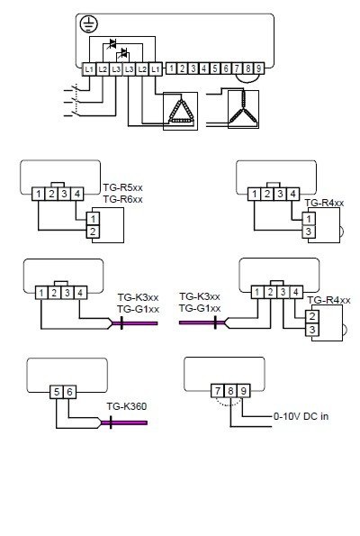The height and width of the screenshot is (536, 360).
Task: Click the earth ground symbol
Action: click(x=88, y=24)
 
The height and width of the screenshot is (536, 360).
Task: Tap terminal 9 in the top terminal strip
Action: click(x=259, y=68)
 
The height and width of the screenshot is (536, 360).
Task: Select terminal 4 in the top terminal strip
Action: click(x=204, y=68)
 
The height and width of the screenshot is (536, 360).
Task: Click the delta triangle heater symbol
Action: click(x=181, y=111)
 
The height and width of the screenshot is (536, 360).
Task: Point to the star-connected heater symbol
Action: click(x=243, y=108)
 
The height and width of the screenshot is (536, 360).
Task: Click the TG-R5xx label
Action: click(x=123, y=187)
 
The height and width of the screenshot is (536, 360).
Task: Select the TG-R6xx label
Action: click(x=123, y=199)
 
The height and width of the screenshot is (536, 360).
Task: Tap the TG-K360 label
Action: click(x=126, y=406)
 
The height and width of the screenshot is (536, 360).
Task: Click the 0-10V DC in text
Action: click(x=301, y=416)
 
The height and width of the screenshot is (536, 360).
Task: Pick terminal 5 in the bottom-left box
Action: click(x=57, y=392)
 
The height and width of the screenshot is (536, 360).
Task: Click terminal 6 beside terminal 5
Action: click(x=69, y=392)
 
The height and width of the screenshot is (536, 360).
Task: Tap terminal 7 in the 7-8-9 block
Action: click(x=218, y=391)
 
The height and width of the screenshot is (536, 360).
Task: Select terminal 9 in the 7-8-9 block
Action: click(x=244, y=391)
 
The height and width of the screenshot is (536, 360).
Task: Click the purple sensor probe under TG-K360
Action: click(x=124, y=422)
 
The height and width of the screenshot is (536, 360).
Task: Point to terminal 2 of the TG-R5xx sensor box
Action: click(x=93, y=232)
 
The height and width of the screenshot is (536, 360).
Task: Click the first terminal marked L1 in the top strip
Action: click(x=89, y=69)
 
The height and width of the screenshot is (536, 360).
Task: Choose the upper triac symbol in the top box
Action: click(x=112, y=44)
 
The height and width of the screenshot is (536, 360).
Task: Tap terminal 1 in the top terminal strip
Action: click(x=171, y=68)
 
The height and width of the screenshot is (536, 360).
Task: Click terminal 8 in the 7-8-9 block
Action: click(x=230, y=391)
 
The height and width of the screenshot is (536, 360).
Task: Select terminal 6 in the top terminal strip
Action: click(x=226, y=68)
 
